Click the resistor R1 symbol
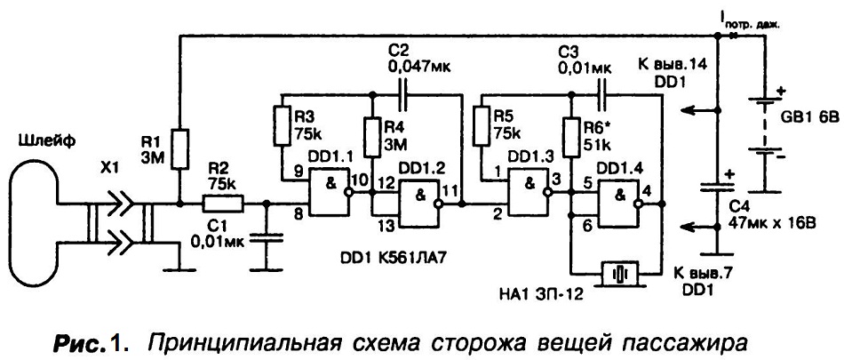(x=181, y=148)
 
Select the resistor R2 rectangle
(x=223, y=204)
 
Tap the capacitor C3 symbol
(x=603, y=94)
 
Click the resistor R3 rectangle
(x=282, y=126)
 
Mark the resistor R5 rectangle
(x=482, y=126)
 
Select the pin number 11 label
(x=451, y=190)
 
